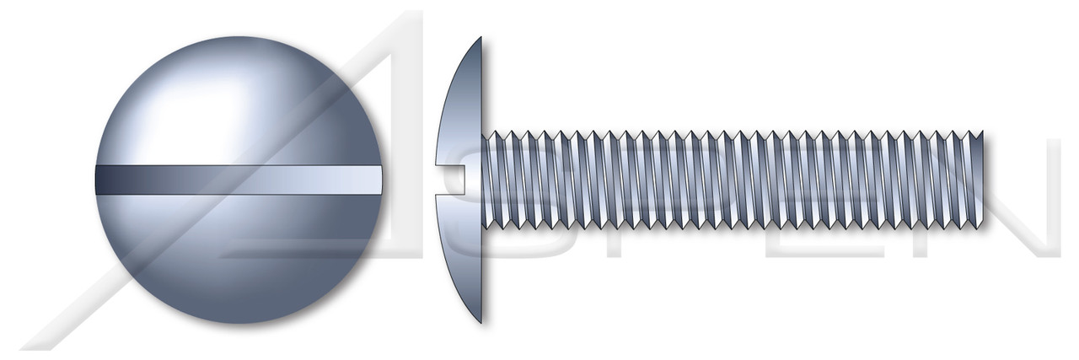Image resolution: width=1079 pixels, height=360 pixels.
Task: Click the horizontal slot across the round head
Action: coord(239,180)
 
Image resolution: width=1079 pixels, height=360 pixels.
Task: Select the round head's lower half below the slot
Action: coord(239,253)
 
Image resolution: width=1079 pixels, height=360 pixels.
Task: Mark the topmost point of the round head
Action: coord(239,37)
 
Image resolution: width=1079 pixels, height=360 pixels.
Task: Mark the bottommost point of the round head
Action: coord(239,323)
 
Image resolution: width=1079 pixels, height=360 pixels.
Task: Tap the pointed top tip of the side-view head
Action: coord(480,39)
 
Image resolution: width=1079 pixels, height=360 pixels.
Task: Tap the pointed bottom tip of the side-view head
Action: coord(480,321)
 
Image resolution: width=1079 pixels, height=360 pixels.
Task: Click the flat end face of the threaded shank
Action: coord(983,180)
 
